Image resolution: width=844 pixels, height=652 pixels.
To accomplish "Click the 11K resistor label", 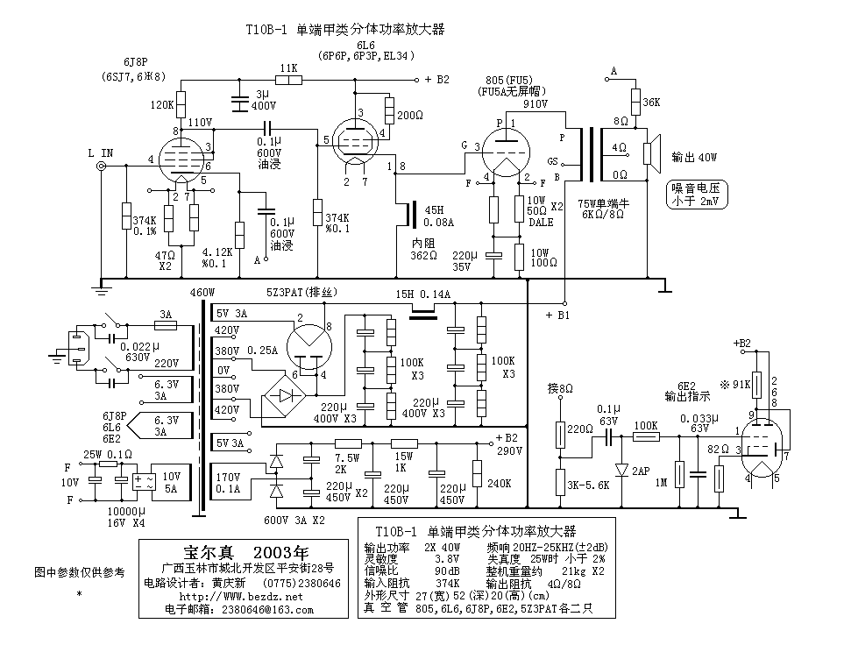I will (287, 67).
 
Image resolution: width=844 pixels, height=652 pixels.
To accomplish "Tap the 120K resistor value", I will (162, 103).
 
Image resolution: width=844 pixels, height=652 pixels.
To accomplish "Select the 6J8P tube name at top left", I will (136, 62).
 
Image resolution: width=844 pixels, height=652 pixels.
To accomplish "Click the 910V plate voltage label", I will (535, 103).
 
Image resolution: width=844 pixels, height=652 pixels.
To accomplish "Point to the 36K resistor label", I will (651, 102).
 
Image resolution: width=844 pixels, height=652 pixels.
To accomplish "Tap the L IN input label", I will (101, 153).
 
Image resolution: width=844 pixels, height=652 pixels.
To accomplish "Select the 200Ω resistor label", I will (410, 116).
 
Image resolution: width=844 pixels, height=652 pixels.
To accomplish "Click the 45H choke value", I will (434, 209).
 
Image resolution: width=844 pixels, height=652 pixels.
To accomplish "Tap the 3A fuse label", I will (165, 314).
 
